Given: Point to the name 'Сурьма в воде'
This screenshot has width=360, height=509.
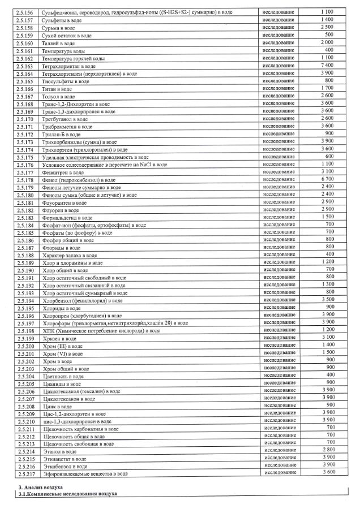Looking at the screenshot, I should click(58, 28).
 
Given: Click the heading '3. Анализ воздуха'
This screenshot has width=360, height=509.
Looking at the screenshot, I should click(41, 487).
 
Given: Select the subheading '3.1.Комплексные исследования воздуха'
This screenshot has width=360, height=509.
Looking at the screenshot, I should click(67, 494).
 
